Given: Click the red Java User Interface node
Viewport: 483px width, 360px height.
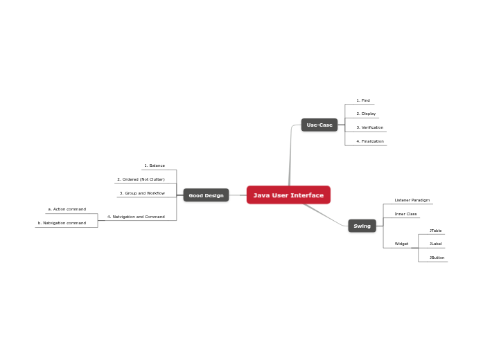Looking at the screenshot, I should pos(288,195).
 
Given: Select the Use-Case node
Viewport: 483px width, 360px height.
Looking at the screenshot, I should pos(319,125).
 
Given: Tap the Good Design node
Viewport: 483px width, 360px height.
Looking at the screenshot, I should pos(206,195).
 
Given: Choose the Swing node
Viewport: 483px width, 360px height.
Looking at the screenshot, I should pos(362,226).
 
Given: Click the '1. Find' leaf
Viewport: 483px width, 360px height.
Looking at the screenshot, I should pos(363,100).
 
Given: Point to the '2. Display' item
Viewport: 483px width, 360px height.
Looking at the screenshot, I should pos(366,114).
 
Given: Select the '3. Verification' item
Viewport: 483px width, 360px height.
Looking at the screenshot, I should pos(369,127).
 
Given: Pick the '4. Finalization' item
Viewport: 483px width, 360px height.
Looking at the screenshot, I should pos(370,141).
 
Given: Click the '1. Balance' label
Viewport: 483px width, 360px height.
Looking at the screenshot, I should pos(155,165).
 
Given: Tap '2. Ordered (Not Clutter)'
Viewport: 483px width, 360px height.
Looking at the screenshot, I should pos(141,179).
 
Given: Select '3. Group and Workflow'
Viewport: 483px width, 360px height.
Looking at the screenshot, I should pos(142,193).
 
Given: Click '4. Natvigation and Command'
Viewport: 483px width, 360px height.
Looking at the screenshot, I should pos(136,217).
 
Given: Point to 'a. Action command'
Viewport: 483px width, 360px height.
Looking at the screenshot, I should pos(67,209).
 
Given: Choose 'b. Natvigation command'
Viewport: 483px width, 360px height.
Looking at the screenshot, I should pos(62,223).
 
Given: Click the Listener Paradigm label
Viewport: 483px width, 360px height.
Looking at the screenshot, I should pos(412,200).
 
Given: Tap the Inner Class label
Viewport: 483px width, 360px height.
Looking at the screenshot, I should pos(405,214).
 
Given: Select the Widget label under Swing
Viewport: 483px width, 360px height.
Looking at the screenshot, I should pos(401,244).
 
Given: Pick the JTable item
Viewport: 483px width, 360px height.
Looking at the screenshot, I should pos(435,231).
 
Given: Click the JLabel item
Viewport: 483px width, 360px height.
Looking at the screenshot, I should pos(435,244).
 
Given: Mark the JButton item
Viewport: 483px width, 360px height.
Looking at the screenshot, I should pos(437,258).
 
